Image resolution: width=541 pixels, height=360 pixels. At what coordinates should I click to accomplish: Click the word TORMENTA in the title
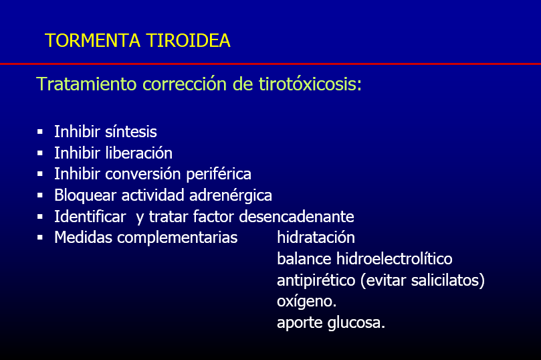92,40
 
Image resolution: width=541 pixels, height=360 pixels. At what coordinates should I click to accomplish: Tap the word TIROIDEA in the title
189,40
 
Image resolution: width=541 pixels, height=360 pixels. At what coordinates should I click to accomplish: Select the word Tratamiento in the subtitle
86,84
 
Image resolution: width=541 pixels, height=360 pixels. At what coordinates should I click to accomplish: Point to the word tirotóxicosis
310,84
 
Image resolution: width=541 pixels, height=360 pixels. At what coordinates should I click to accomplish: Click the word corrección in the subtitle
185,84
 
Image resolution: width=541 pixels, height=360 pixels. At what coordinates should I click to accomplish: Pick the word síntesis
131,132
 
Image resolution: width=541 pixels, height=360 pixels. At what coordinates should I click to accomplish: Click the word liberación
138,153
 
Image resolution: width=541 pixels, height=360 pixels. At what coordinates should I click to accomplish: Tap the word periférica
219,174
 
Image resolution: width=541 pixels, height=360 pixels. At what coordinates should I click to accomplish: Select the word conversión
143,174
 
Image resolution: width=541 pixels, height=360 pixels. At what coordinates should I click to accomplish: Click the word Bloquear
85,195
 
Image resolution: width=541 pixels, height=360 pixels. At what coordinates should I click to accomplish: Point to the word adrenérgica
231,195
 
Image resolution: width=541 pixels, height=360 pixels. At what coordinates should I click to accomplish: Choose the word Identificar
90,217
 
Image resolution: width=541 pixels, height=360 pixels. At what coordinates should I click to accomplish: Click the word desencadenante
296,217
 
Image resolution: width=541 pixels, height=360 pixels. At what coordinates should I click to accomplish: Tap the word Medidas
83,238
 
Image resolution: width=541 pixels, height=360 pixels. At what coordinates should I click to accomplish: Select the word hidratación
316,238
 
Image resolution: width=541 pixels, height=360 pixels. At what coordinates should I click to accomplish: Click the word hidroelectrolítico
395,259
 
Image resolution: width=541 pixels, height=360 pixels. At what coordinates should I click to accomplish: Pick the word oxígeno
307,302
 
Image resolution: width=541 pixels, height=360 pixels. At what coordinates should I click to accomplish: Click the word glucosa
356,323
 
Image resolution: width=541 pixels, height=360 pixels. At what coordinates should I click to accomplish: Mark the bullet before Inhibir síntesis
40,132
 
